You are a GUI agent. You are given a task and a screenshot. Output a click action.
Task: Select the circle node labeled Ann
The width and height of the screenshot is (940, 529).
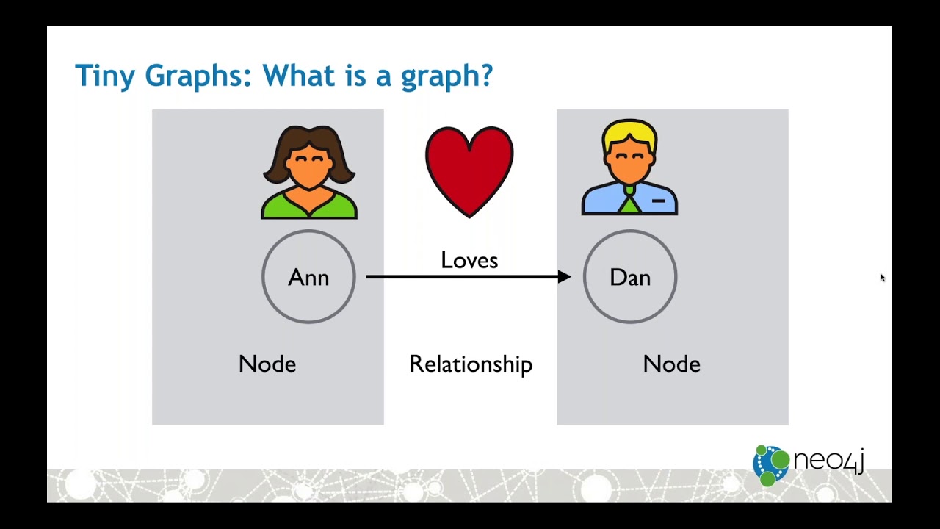tap(308, 277)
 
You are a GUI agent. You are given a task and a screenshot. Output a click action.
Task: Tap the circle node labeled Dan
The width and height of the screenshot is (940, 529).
tap(630, 277)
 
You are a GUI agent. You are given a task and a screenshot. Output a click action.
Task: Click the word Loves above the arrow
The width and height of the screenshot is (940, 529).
tap(469, 260)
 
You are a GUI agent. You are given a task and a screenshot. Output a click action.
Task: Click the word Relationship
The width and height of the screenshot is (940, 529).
tap(471, 364)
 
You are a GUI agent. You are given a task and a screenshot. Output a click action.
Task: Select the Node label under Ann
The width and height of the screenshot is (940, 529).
tap(267, 364)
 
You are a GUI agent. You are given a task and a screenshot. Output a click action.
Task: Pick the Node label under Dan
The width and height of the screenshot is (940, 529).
tap(671, 364)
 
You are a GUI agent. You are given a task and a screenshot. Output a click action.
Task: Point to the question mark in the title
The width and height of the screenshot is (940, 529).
tap(485, 76)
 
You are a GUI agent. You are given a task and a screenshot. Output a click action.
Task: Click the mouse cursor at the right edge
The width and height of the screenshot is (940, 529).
tap(882, 277)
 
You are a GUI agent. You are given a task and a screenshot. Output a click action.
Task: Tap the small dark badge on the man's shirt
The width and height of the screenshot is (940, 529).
tap(658, 200)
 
